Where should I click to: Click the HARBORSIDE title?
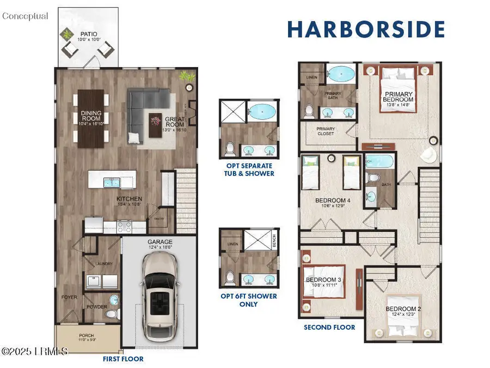pos(366,29)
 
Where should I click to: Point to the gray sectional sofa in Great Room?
pos(143,109)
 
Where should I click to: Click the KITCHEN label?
pos(130,200)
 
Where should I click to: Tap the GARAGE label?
pos(159,242)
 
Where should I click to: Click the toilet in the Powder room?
pos(112,314)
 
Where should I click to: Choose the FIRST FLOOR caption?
pos(124,359)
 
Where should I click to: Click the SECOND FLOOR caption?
pos(329,327)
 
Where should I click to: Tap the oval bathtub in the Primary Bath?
pos(341,74)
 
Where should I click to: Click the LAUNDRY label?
pos(103,264)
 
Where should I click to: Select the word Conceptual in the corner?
pos(25,16)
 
